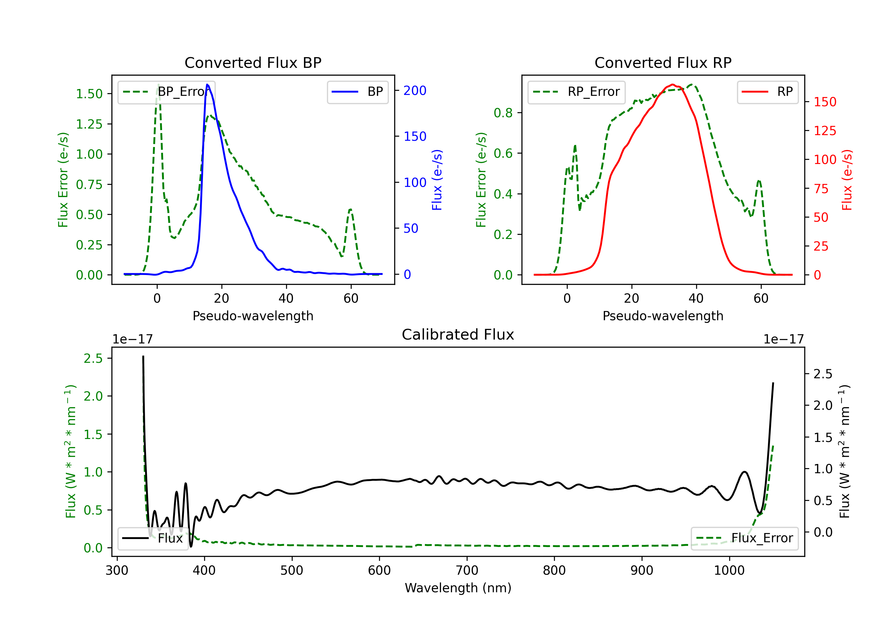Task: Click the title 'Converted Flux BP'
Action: click(253, 62)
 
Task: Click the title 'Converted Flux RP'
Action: click(663, 62)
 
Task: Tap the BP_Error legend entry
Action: click(167, 92)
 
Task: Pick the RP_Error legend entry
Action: click(576, 92)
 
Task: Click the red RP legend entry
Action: click(767, 92)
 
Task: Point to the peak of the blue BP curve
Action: click(207, 85)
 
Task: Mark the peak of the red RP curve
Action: click(673, 85)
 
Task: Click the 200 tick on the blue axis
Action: click(415, 90)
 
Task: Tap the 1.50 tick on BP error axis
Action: click(89, 94)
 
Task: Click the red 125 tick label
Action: click(825, 131)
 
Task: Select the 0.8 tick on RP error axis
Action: click(503, 113)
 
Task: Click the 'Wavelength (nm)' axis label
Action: click(458, 588)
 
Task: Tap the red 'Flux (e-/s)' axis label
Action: click(847, 180)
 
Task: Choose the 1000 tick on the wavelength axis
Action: click(729, 570)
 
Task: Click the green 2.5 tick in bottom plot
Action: click(93, 358)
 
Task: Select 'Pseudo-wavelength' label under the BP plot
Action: click(253, 316)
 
